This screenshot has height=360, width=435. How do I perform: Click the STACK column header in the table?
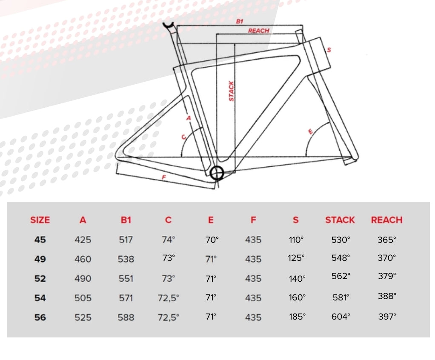340,220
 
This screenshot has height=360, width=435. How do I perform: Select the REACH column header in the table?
387,220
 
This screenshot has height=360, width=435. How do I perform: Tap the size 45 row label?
40,240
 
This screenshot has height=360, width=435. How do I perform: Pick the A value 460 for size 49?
83,259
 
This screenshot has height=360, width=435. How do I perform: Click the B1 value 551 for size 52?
126,278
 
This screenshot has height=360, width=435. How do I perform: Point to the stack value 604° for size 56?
341,317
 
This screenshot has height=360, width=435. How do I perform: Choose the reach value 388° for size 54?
387,296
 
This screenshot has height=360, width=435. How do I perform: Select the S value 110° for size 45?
296,240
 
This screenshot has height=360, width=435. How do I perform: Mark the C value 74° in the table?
169,240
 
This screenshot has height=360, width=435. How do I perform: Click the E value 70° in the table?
212,240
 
